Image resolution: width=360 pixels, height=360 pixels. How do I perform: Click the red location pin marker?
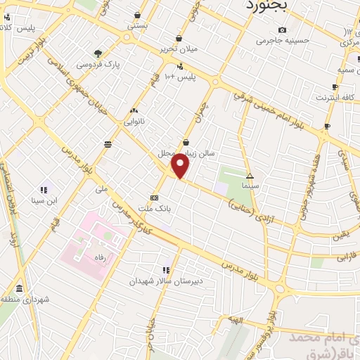pos(181,166)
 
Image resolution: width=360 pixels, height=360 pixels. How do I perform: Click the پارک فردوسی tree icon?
pos(98,53)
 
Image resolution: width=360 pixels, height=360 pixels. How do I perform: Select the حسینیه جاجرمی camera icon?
pos(282,30)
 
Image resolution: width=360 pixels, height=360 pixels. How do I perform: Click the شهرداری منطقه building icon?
pos(18,290)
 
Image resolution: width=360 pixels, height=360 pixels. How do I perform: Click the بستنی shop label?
pos(138,25)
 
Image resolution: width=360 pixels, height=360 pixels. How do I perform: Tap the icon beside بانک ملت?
pos(154,198)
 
